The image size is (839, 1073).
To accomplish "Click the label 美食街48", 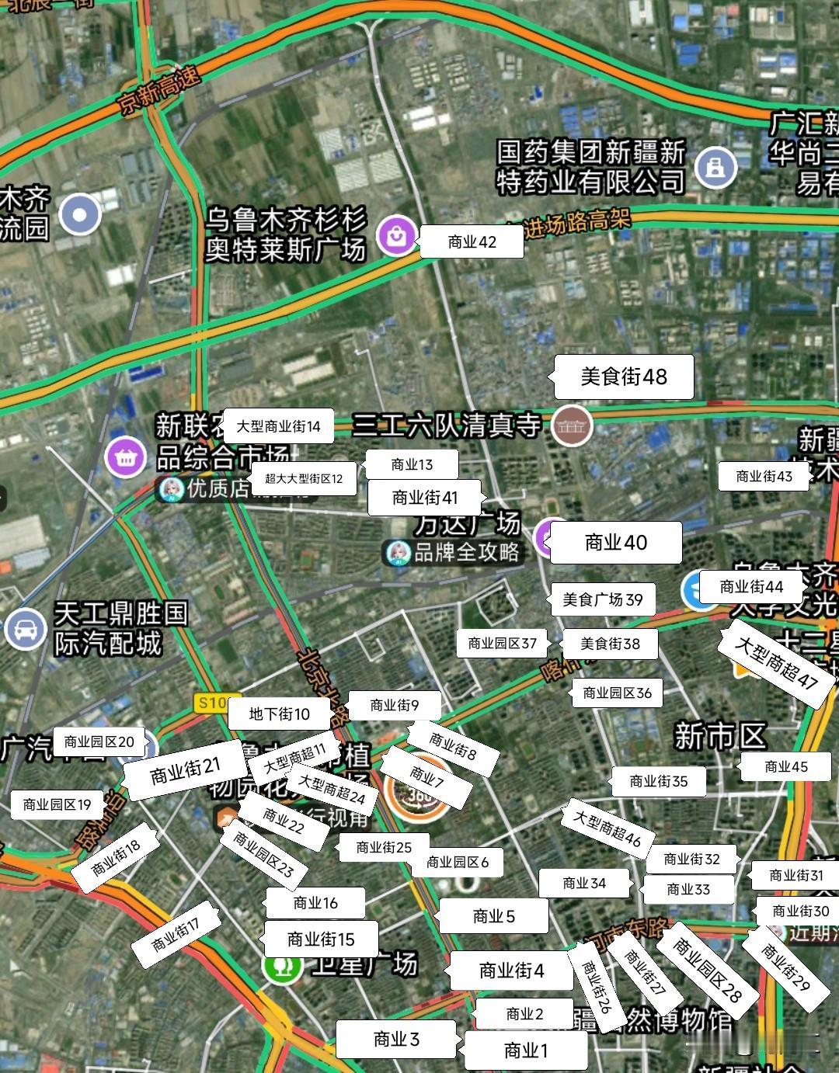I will [624, 377].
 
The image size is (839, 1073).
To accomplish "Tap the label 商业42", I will [472, 242].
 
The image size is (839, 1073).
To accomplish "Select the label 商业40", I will [615, 543].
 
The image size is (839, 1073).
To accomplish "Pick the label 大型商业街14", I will [278, 426].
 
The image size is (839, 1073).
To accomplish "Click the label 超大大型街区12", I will [304, 478].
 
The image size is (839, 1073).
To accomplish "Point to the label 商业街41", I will [425, 497].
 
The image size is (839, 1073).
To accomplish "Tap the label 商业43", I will [764, 476].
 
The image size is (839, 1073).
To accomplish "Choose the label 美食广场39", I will [603, 599].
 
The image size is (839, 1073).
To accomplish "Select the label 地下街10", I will [280, 714].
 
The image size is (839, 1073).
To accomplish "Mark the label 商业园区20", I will [99, 741].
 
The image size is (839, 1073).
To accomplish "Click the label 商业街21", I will [186, 769].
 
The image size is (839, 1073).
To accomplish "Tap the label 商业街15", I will [321, 939].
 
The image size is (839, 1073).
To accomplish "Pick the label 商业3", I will [396, 1039].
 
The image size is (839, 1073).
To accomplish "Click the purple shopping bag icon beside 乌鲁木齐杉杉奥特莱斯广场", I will [397, 234].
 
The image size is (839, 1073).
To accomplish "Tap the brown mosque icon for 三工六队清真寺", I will [572, 425].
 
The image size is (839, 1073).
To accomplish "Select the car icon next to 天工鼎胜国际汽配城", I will [25, 628].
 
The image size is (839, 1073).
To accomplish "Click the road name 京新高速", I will [160, 91].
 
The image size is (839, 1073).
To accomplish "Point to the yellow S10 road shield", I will [211, 703].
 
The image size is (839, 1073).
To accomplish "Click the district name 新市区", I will [720, 736].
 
